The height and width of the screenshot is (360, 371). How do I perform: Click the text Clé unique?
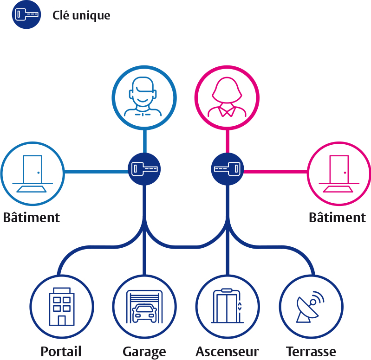click(x=81, y=15)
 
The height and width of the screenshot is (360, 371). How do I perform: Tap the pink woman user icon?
click(x=227, y=97)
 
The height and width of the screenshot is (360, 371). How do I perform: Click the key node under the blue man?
click(x=144, y=169)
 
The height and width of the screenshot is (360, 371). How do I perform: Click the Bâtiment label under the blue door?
click(x=32, y=217)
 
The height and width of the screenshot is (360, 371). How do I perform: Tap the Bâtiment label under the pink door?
click(x=338, y=217)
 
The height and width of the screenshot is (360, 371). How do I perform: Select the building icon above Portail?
click(x=61, y=306)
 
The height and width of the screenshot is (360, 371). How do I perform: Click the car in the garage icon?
click(x=144, y=313)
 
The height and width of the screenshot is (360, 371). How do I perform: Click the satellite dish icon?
click(x=310, y=307)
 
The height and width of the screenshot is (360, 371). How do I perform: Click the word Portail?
click(x=61, y=351)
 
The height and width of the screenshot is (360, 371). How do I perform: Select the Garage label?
click(x=144, y=351)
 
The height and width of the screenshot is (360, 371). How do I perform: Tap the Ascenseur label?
click(x=227, y=351)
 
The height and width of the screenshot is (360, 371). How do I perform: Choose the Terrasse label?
click(x=311, y=351)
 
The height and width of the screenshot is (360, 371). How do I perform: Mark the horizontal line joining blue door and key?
click(x=96, y=172)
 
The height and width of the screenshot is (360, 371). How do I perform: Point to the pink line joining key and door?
click(x=276, y=172)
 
